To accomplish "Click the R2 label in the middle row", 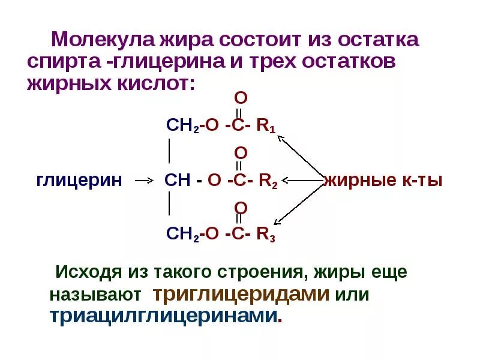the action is (268, 181).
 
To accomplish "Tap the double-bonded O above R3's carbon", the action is (239, 208).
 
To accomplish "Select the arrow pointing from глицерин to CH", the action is (142, 180).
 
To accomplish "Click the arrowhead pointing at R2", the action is (285, 180).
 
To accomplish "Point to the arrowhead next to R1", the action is (280, 136).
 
